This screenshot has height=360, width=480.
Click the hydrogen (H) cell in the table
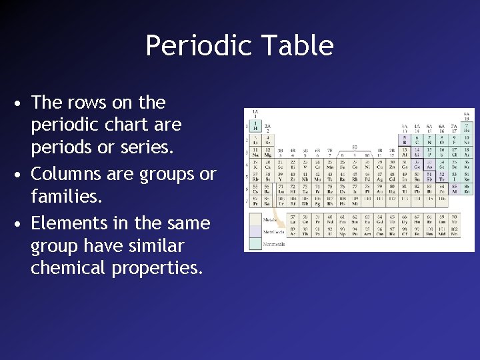point(255,127)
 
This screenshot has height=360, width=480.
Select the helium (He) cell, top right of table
point(467,127)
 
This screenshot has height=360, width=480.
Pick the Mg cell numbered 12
point(267,153)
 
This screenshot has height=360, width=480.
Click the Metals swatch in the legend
point(255,219)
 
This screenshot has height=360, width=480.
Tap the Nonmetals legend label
point(274,244)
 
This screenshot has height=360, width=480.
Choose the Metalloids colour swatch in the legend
point(255,231)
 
